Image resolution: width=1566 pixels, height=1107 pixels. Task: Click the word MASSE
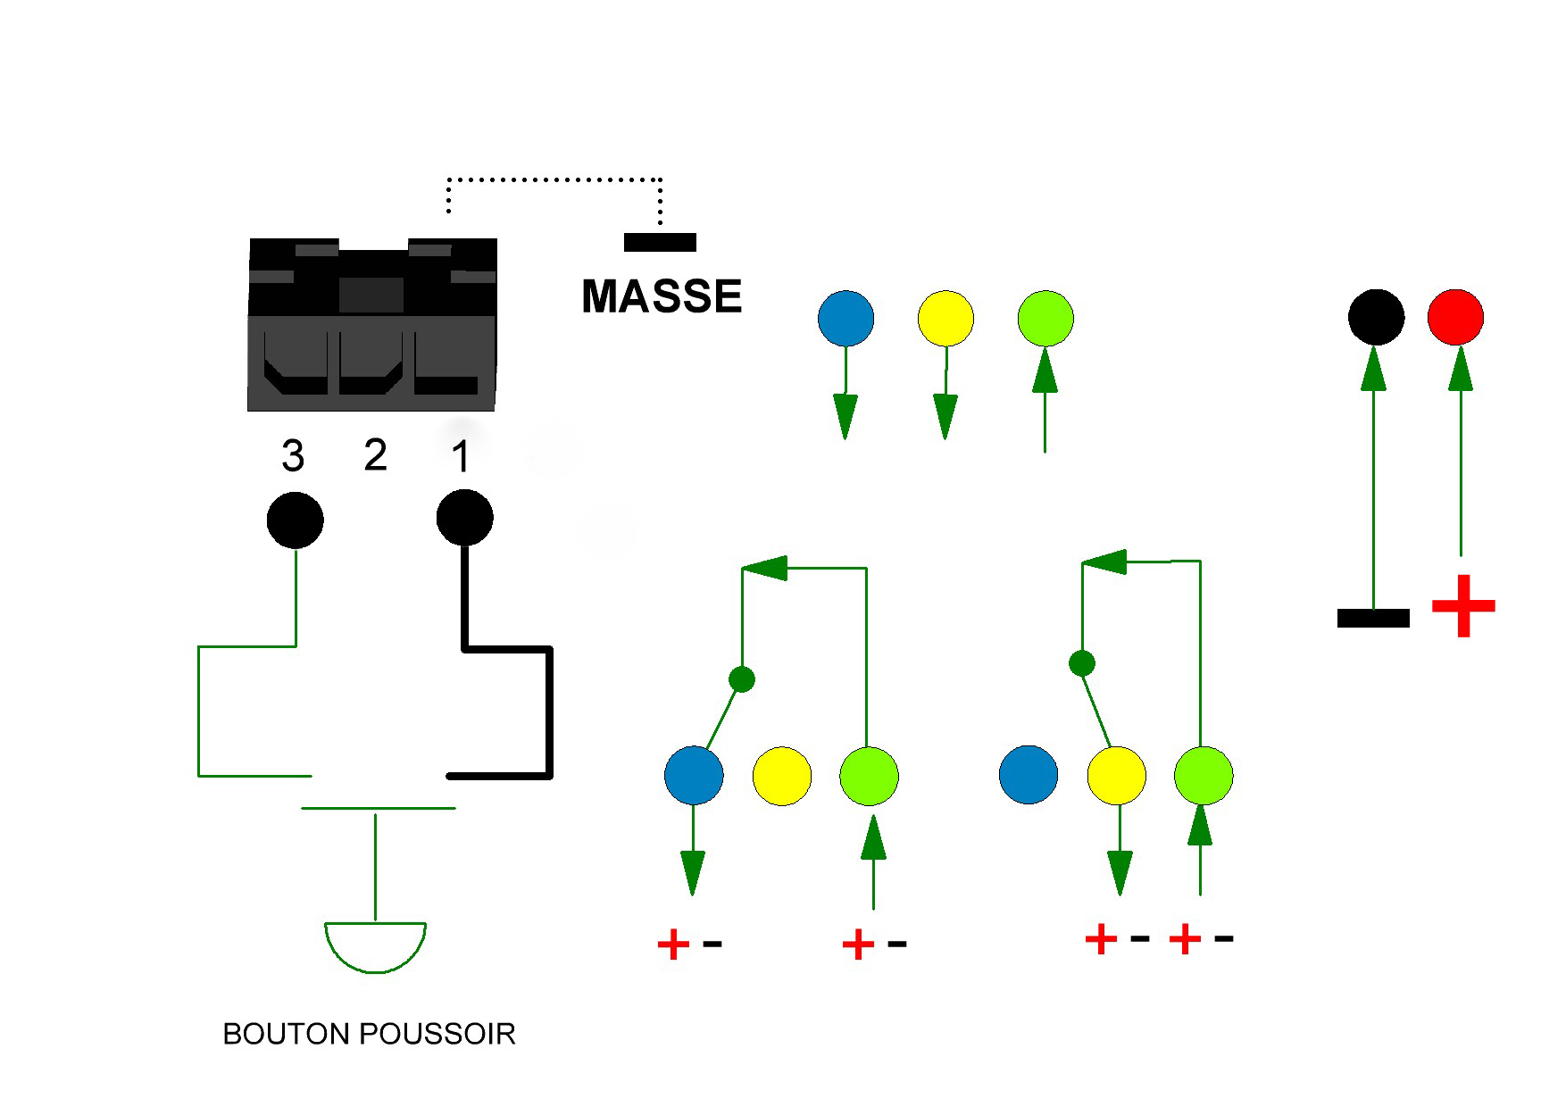coord(662,296)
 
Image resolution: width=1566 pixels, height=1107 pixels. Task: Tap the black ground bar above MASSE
coord(660,242)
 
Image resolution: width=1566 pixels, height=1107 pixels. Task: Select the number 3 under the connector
coord(293,456)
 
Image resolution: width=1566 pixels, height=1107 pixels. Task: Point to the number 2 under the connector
coord(376,454)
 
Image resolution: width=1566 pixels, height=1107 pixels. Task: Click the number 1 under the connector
coord(461,456)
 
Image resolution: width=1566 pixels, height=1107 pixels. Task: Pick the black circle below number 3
coord(296,520)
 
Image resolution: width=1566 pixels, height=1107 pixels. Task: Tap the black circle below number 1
coord(464,517)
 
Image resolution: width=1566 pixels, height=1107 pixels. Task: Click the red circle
coord(1455,317)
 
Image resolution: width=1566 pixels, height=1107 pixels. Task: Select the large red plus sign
coord(1463,606)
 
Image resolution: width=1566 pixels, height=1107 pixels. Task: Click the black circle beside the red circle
coord(1376,317)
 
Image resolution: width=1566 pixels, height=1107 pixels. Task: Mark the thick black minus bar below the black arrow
coord(1373,618)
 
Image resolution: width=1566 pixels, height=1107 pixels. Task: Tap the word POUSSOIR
coord(437,1034)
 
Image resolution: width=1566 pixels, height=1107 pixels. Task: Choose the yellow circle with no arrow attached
coord(782,776)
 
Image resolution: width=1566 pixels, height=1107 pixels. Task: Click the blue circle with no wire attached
coord(1029,775)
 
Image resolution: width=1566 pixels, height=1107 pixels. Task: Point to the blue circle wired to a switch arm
coord(694,775)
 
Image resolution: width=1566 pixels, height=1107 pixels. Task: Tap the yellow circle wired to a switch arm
coord(1116,775)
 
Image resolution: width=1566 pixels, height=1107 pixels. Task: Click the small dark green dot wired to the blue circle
coord(742,679)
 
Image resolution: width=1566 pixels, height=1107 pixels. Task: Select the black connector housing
coord(372,325)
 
